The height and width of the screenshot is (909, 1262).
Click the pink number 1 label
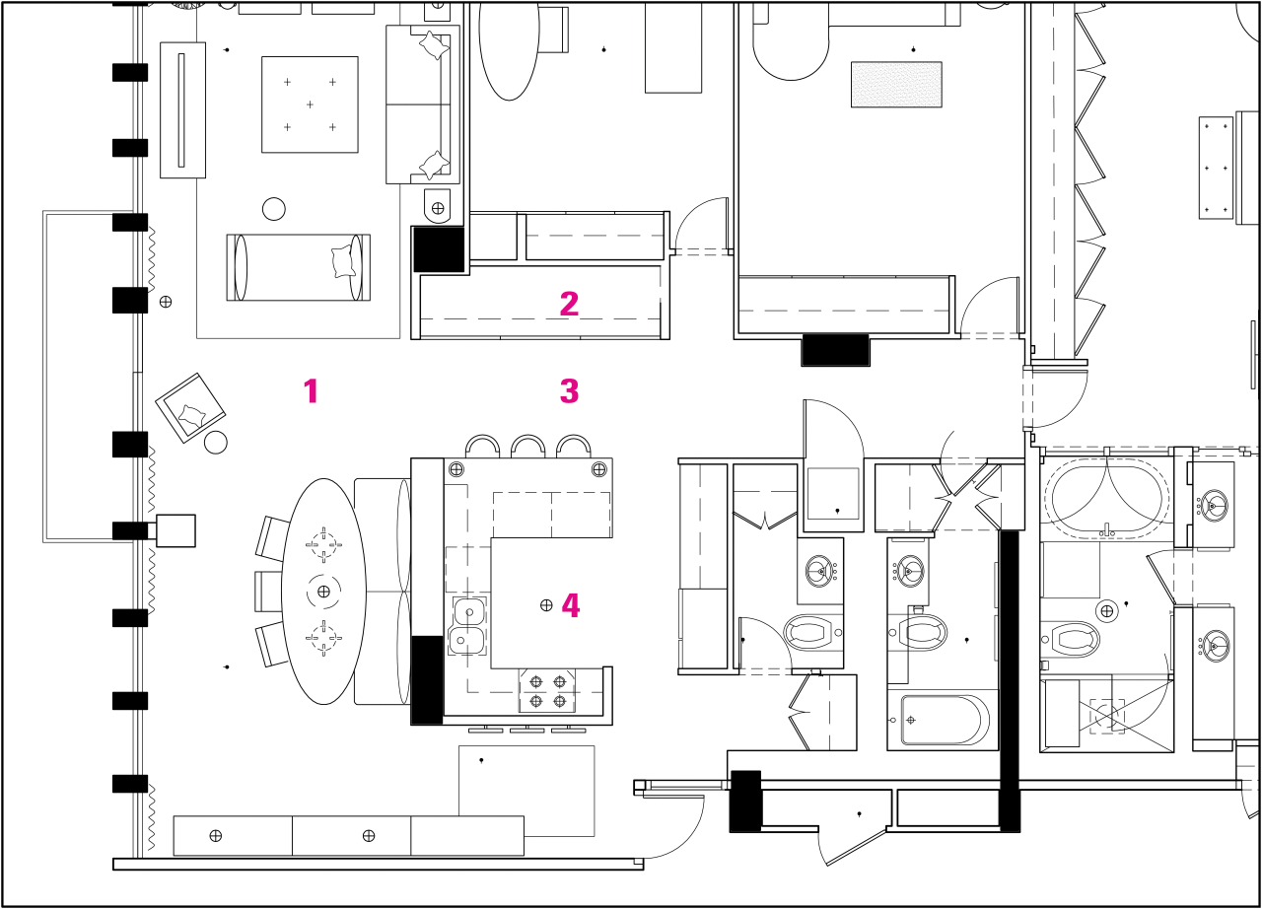coord(311,391)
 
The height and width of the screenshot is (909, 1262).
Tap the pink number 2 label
coord(569,304)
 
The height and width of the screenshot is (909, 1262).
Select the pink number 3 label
coord(569,391)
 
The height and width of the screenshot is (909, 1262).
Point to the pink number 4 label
coord(570,605)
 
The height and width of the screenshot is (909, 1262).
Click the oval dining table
coord(323,592)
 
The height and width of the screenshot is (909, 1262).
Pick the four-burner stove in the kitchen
coord(548,690)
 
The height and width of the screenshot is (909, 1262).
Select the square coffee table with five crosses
coord(310,104)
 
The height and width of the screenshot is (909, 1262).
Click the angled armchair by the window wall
coord(190,407)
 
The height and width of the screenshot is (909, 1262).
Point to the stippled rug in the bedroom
coord(895,84)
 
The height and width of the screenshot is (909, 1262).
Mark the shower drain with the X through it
coord(1106,714)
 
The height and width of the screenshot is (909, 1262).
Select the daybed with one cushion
coord(298,266)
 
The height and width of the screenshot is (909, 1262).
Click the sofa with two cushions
coord(422,104)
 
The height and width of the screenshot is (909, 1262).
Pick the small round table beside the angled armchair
coord(216,443)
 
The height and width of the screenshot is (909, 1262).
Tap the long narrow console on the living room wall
coord(181,109)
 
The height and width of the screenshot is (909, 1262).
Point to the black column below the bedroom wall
coord(835,350)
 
